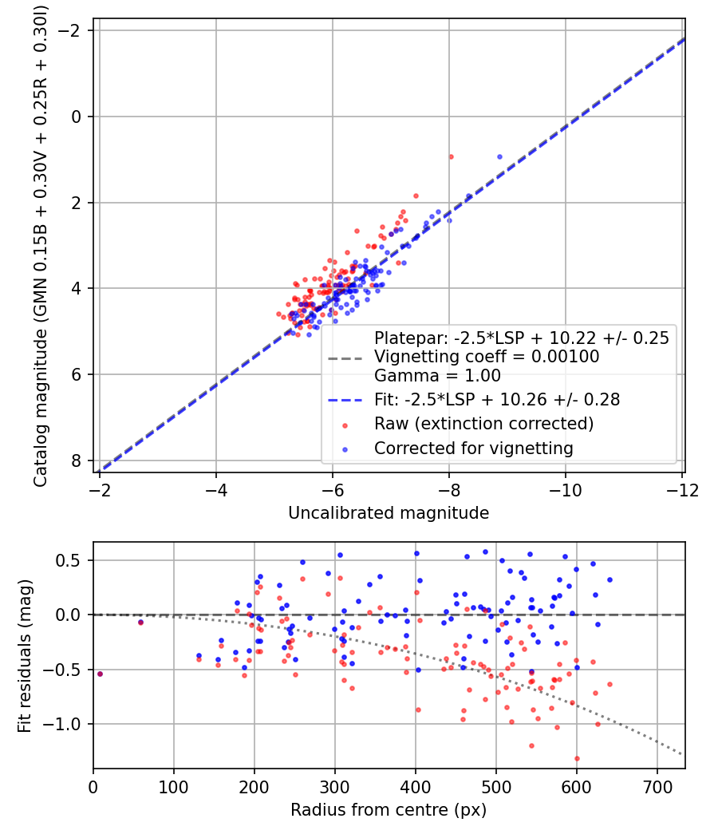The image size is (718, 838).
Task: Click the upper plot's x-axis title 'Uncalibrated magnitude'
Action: [x=389, y=513]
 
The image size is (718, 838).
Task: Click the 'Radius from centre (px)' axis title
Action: [x=389, y=810]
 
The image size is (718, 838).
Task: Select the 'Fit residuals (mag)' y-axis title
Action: [x=25, y=656]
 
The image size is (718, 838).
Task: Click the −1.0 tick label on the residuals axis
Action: [x=67, y=724]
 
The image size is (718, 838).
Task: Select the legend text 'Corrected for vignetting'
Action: [x=474, y=449]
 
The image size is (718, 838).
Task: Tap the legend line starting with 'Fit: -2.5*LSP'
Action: [x=497, y=397]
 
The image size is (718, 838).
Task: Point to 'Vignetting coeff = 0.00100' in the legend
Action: [x=487, y=357]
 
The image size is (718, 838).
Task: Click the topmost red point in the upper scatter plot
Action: [x=451, y=156]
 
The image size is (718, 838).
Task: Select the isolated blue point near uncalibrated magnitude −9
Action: [x=499, y=156]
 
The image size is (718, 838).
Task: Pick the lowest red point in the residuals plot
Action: [x=577, y=758]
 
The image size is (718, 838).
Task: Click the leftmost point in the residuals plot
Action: [x=100, y=674]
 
